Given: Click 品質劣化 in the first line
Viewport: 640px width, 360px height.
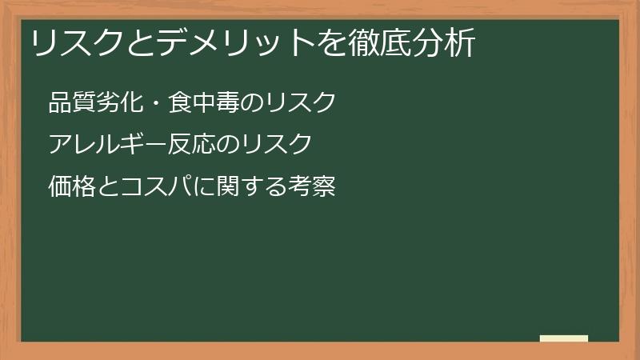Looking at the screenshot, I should coord(95,103).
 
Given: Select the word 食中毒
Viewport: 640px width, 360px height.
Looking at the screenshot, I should coord(203,103).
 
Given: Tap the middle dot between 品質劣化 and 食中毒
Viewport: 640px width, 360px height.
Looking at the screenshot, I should coord(155,103).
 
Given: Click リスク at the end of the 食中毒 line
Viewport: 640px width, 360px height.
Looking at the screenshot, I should coord(299,103).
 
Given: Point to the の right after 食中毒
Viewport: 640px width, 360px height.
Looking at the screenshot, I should coord(251,103).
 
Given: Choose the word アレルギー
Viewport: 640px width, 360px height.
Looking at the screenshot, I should coord(107,145).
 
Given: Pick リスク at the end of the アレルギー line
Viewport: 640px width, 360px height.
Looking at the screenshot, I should coord(275,145).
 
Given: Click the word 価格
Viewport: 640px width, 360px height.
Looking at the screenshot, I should coord(72,187).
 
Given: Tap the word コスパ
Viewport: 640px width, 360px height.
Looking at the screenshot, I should coord(155,187).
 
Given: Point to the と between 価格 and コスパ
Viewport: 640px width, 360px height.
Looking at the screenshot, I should coord(108,187).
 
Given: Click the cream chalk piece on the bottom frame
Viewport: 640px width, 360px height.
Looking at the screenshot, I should coord(564,338).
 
